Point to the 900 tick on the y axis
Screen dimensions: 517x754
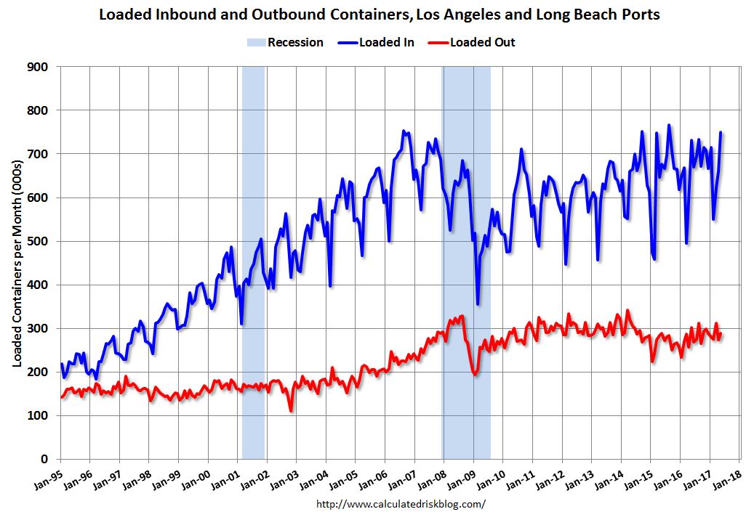click(39, 67)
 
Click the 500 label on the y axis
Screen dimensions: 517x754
click(39, 241)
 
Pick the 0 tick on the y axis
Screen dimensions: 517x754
click(45, 459)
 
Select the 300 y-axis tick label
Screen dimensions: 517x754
click(39, 328)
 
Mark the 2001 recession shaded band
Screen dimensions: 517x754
click(253, 261)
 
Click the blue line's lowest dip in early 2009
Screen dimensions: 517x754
click(478, 304)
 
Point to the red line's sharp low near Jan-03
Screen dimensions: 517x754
click(292, 411)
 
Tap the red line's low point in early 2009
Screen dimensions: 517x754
click(475, 374)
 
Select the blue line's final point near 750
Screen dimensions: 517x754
click(721, 132)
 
